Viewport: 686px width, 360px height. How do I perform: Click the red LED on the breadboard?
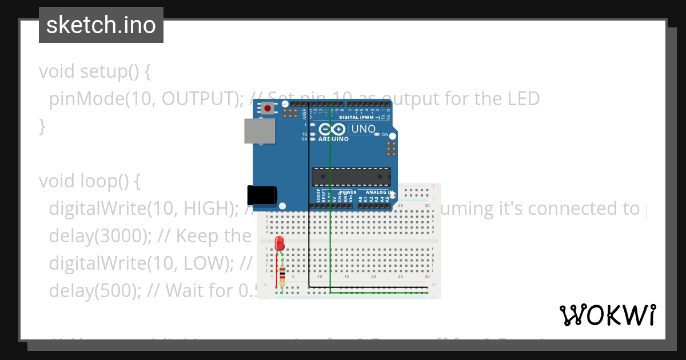pyautogui.click(x=280, y=243)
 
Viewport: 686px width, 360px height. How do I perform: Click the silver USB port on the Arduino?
pyautogui.click(x=256, y=131)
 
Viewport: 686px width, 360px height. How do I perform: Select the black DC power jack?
pyautogui.click(x=262, y=195)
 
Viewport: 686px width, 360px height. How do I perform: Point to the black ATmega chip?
pyautogui.click(x=351, y=177)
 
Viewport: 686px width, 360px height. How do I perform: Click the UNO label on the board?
pyautogui.click(x=363, y=129)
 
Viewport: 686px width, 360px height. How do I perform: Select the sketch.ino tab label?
pyautogui.click(x=101, y=25)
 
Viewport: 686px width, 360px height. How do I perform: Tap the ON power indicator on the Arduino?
pyautogui.click(x=378, y=134)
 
